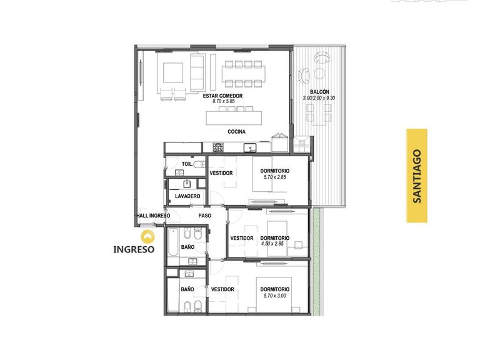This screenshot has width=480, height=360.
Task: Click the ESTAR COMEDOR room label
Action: pos(222,96)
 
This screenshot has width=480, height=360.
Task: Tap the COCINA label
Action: pos(237,132)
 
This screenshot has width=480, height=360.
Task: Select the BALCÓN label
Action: pos(319,92)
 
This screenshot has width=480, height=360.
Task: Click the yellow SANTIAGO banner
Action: pos(417,176)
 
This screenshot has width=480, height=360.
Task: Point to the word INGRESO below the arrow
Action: pos(134,249)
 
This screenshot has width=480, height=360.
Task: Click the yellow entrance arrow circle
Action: pos(147,237)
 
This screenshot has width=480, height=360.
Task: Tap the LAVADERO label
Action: pos(187,196)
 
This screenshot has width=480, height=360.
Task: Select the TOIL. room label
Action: pos(187,164)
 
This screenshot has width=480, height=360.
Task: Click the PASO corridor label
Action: pos(205,216)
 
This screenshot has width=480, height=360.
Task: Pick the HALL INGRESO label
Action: pos(153,216)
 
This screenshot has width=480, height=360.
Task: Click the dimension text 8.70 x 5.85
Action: pos(224,101)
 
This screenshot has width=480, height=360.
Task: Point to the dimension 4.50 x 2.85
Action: pos(272,244)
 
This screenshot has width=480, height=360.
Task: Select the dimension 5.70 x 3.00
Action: pos(275,296)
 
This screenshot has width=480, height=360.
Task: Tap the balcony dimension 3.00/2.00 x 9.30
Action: pos(319,98)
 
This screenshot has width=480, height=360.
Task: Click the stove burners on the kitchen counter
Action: pos(218,147)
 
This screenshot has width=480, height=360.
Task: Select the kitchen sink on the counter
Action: pos(250,148)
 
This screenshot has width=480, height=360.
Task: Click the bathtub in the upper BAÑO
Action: pos(173,242)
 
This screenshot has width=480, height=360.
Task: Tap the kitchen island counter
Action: pos(234,118)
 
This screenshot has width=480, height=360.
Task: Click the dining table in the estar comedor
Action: pos(244,74)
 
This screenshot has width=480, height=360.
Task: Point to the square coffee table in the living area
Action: pos(173,72)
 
